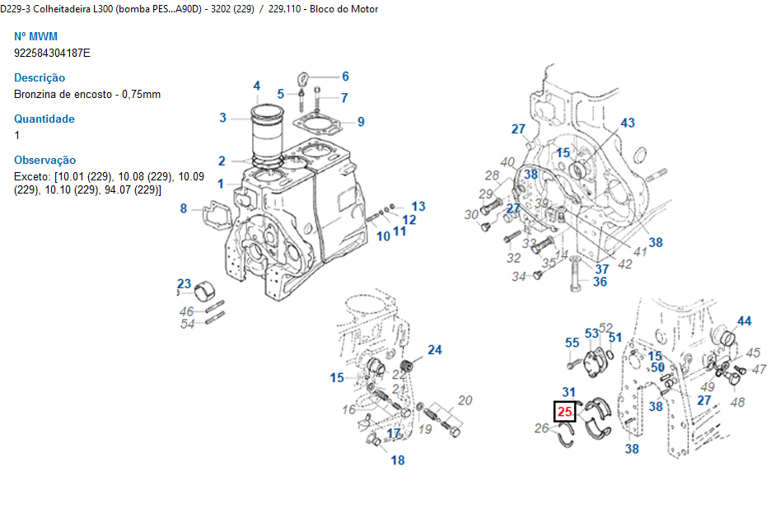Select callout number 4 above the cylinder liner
coord(257,86)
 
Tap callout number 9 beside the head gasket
coord(361,122)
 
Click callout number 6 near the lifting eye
coord(345,77)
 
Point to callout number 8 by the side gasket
coord(184,208)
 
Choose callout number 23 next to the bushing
coord(184,285)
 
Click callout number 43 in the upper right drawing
coord(628,123)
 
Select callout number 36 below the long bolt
coord(600,282)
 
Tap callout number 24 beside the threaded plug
coord(434,350)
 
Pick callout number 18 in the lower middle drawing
coord(398,460)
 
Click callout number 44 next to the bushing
coord(744,321)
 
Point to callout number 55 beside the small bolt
coord(572,342)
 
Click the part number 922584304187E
coord(53,53)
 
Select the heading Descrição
coord(40,77)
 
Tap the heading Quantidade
coord(44,119)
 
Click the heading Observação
coord(45,160)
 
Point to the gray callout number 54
coord(188,324)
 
